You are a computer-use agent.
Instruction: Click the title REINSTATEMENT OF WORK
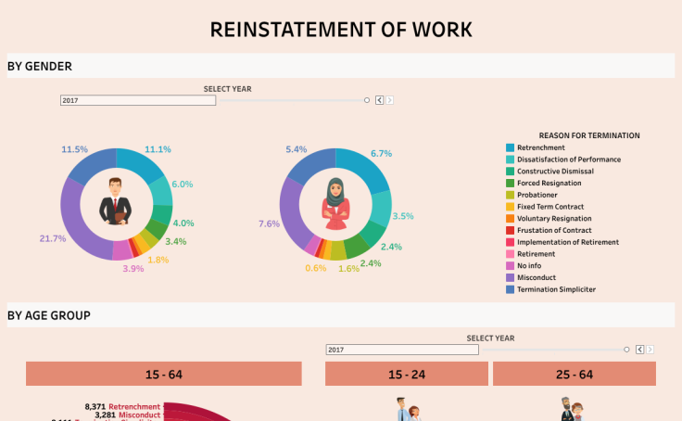pos(341,29)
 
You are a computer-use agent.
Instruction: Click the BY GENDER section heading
pos(40,66)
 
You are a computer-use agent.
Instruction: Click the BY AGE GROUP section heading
pos(49,315)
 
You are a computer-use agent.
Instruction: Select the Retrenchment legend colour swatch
pos(510,147)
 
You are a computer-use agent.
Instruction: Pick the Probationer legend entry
pos(537,195)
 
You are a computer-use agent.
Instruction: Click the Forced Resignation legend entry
pos(549,183)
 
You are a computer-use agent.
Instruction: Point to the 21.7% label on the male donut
pos(53,238)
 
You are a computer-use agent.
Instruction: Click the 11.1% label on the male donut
pos(158,149)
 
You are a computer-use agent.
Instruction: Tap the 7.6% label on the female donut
pos(270,223)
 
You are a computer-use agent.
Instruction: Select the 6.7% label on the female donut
pos(381,153)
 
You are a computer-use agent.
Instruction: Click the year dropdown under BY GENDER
pos(138,100)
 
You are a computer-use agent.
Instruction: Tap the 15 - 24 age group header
pos(407,374)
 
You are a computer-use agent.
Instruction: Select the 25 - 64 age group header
pos(575,374)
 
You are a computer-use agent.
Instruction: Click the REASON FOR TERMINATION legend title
pos(588,135)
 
